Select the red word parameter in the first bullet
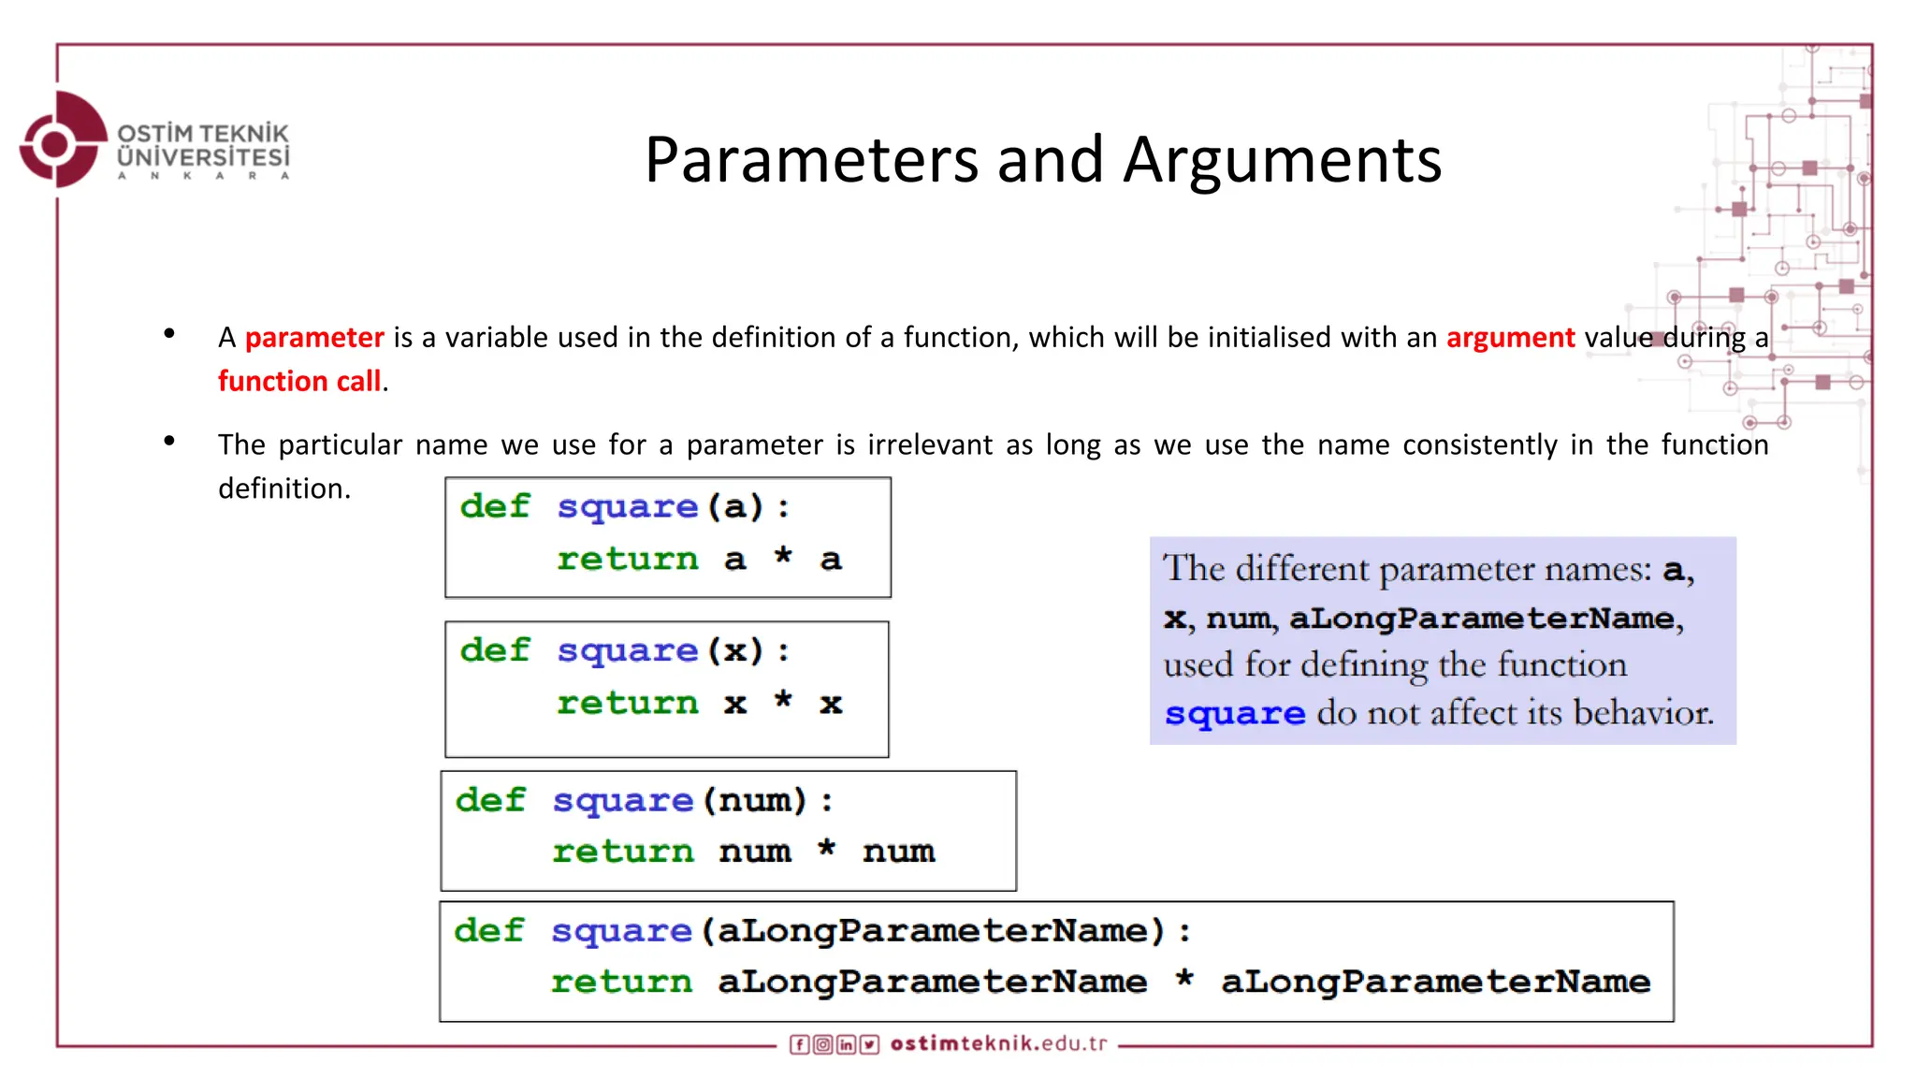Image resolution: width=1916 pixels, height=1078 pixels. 314,337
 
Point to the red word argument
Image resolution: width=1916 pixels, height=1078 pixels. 1510,337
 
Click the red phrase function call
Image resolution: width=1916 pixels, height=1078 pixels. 299,381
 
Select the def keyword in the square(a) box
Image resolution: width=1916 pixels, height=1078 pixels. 495,506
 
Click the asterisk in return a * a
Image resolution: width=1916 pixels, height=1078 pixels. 783,558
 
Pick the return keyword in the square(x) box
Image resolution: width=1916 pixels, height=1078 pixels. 628,703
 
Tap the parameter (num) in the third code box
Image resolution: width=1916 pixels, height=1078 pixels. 755,801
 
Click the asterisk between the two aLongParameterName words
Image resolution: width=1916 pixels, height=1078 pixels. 1184,981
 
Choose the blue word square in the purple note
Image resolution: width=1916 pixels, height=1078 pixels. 1235,714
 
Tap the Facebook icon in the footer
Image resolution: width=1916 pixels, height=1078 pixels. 799,1044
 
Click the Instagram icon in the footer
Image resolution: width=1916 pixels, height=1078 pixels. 822,1044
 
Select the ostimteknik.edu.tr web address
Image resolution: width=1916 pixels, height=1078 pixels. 998,1043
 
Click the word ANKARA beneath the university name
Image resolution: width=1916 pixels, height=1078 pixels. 203,176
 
